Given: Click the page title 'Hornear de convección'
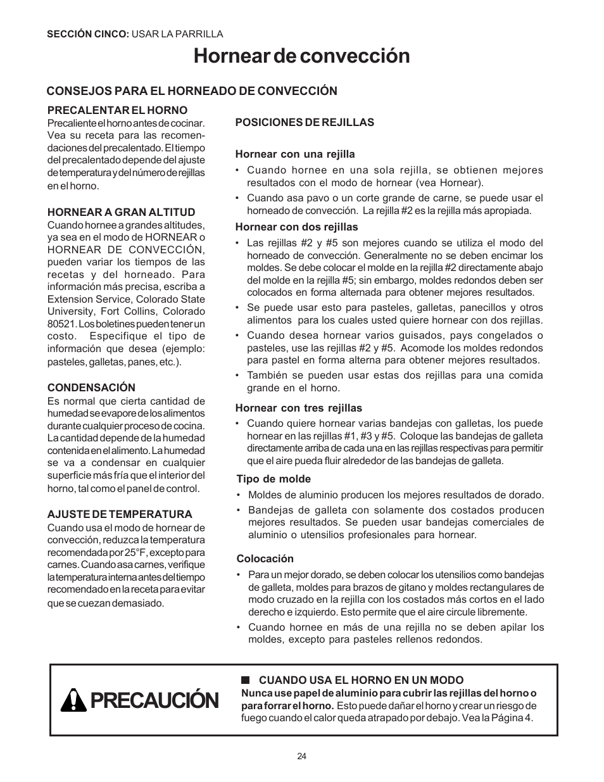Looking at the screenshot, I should [x=302, y=56].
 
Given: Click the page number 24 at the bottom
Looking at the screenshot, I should [x=302, y=756].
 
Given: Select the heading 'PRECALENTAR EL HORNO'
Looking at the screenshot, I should [x=118, y=110].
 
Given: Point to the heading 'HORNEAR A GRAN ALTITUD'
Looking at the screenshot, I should [x=122, y=212].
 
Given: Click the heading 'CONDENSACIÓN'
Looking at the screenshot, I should [x=91, y=388].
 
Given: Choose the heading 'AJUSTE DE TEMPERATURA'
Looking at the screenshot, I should [x=120, y=514].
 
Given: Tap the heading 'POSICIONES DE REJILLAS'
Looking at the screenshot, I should [x=305, y=122].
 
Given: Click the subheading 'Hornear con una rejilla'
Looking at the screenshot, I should [x=295, y=154].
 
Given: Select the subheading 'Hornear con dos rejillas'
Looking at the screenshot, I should [x=296, y=227].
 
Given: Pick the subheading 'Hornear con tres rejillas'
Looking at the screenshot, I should [x=299, y=408].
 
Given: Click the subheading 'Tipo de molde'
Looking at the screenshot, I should [x=274, y=479].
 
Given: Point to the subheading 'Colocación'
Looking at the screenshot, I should [x=265, y=558].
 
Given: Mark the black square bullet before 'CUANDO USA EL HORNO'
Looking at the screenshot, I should [x=244, y=680].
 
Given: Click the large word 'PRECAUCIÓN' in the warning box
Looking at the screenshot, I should [x=155, y=701].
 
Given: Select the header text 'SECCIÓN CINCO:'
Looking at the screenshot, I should [x=88, y=34].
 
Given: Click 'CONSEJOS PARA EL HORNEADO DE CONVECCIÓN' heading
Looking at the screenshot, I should [x=192, y=91].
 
